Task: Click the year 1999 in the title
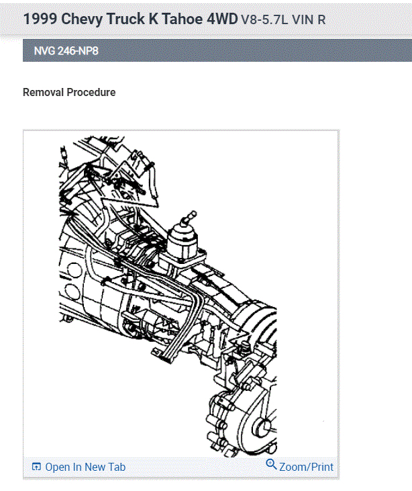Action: [40, 19]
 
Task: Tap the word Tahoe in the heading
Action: [182, 19]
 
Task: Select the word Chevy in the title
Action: [82, 19]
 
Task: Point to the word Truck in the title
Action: [126, 19]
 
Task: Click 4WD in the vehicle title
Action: [222, 19]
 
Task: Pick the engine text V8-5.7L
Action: [264, 19]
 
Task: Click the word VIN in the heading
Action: [303, 19]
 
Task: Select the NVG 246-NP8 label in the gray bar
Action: [66, 51]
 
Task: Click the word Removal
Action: [44, 93]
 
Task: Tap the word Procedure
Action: [91, 93]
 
